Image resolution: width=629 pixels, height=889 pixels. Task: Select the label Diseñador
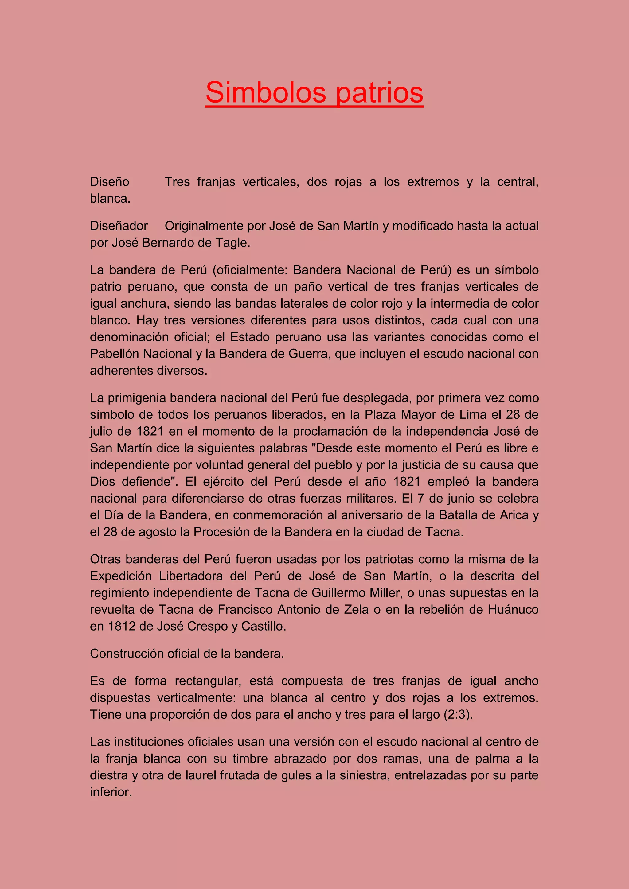pos(119,226)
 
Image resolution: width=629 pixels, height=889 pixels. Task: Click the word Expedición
pos(120,576)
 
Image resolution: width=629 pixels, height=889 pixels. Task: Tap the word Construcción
pos(127,653)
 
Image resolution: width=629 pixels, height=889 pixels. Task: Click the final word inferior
pos(111,792)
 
